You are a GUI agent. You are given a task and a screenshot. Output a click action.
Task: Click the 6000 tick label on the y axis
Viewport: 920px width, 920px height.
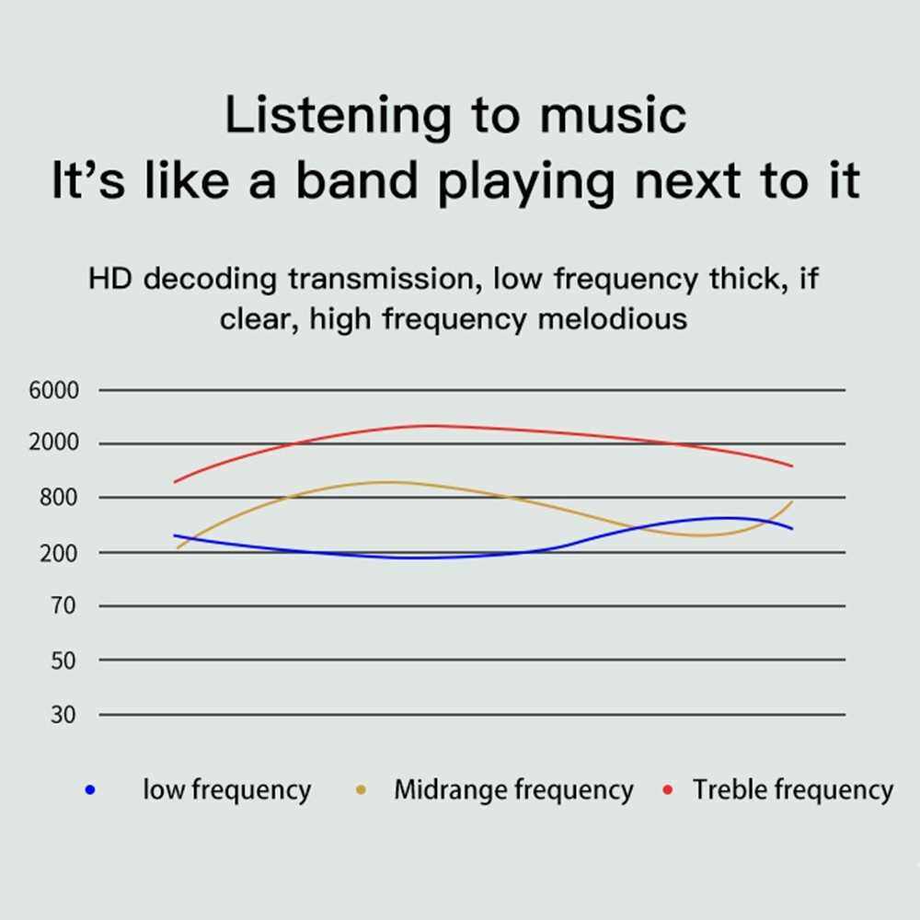[x=53, y=390]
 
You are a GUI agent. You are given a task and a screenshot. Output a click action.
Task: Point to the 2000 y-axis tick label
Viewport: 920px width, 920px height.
[x=53, y=442]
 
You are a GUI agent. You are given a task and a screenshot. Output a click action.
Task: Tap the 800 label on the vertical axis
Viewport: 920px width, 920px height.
[x=58, y=498]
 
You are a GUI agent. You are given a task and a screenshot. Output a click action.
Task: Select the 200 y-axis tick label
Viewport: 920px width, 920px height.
[x=58, y=553]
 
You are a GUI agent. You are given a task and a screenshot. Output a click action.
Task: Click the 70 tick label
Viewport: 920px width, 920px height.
[x=63, y=605]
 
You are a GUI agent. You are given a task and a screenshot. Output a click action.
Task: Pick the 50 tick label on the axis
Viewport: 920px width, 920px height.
[x=63, y=661]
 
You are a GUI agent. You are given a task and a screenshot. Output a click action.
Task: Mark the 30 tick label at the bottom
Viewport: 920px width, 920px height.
[x=63, y=715]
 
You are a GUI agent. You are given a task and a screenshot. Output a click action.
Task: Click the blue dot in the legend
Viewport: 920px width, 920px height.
[x=90, y=790]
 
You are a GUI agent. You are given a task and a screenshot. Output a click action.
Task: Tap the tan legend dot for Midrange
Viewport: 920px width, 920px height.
[x=361, y=790]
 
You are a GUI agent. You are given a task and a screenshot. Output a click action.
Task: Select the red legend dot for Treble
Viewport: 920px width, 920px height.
[x=667, y=790]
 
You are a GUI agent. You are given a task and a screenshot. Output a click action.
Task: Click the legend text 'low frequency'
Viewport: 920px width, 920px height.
[x=227, y=789]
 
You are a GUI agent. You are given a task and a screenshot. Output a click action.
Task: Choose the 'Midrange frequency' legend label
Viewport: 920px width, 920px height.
[x=514, y=789]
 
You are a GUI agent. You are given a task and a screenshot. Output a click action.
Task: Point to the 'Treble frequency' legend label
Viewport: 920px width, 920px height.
[x=793, y=789]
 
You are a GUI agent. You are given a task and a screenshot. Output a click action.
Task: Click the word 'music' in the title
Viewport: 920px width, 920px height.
[x=613, y=115]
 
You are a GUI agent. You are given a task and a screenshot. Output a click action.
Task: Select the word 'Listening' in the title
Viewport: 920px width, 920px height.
[x=339, y=118]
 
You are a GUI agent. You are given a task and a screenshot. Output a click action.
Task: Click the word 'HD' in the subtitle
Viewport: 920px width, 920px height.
[x=109, y=278]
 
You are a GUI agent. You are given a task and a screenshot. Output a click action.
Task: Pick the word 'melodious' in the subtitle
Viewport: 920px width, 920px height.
[x=613, y=319]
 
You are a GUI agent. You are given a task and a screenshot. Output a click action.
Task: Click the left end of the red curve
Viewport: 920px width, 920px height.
[x=174, y=482]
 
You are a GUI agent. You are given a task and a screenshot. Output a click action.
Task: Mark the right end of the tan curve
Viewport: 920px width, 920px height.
[x=793, y=501]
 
